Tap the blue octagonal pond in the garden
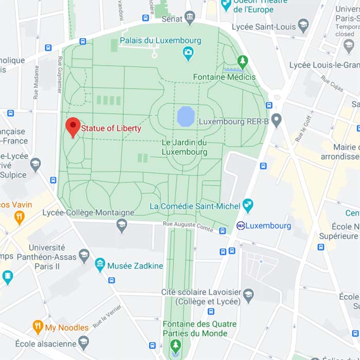(185, 116)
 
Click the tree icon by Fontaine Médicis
(243, 62)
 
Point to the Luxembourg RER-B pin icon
(277, 121)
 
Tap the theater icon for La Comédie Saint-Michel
(248, 206)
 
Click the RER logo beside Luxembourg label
(240, 226)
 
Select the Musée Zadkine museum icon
(100, 266)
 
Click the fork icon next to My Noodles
(38, 327)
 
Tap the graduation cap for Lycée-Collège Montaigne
(122, 225)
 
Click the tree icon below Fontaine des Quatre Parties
(176, 344)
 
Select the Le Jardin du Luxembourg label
(184, 147)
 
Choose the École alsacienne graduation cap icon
(84, 344)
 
